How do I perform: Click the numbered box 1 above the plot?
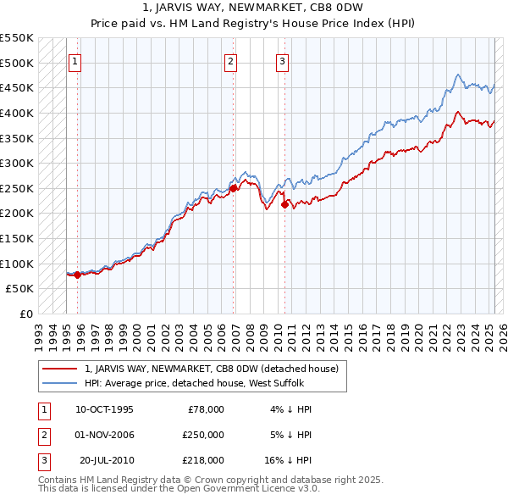75,60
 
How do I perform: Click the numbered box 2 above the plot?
230,60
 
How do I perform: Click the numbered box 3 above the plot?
282,60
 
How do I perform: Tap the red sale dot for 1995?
77,275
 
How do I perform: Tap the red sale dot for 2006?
234,188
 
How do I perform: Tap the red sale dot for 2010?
284,203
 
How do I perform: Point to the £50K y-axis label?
20,288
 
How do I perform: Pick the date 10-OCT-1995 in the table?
104,409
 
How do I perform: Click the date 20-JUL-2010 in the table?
106,460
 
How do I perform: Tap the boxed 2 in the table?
41,435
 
